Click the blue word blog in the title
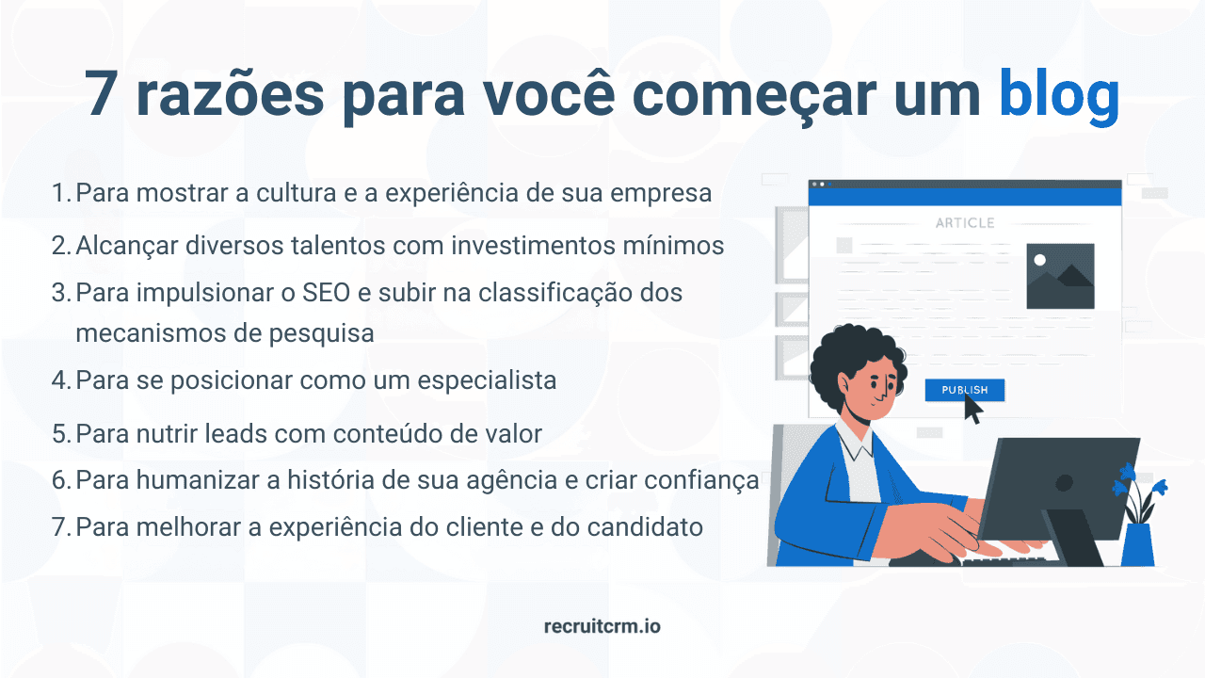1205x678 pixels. [x=1058, y=95]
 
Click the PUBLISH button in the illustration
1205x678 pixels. [x=964, y=390]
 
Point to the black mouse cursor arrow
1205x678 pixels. [x=972, y=411]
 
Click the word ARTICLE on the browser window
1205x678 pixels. [x=965, y=223]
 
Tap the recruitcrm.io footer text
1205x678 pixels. [x=602, y=625]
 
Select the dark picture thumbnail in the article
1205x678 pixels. [x=1060, y=276]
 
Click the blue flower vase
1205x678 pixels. [x=1138, y=544]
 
